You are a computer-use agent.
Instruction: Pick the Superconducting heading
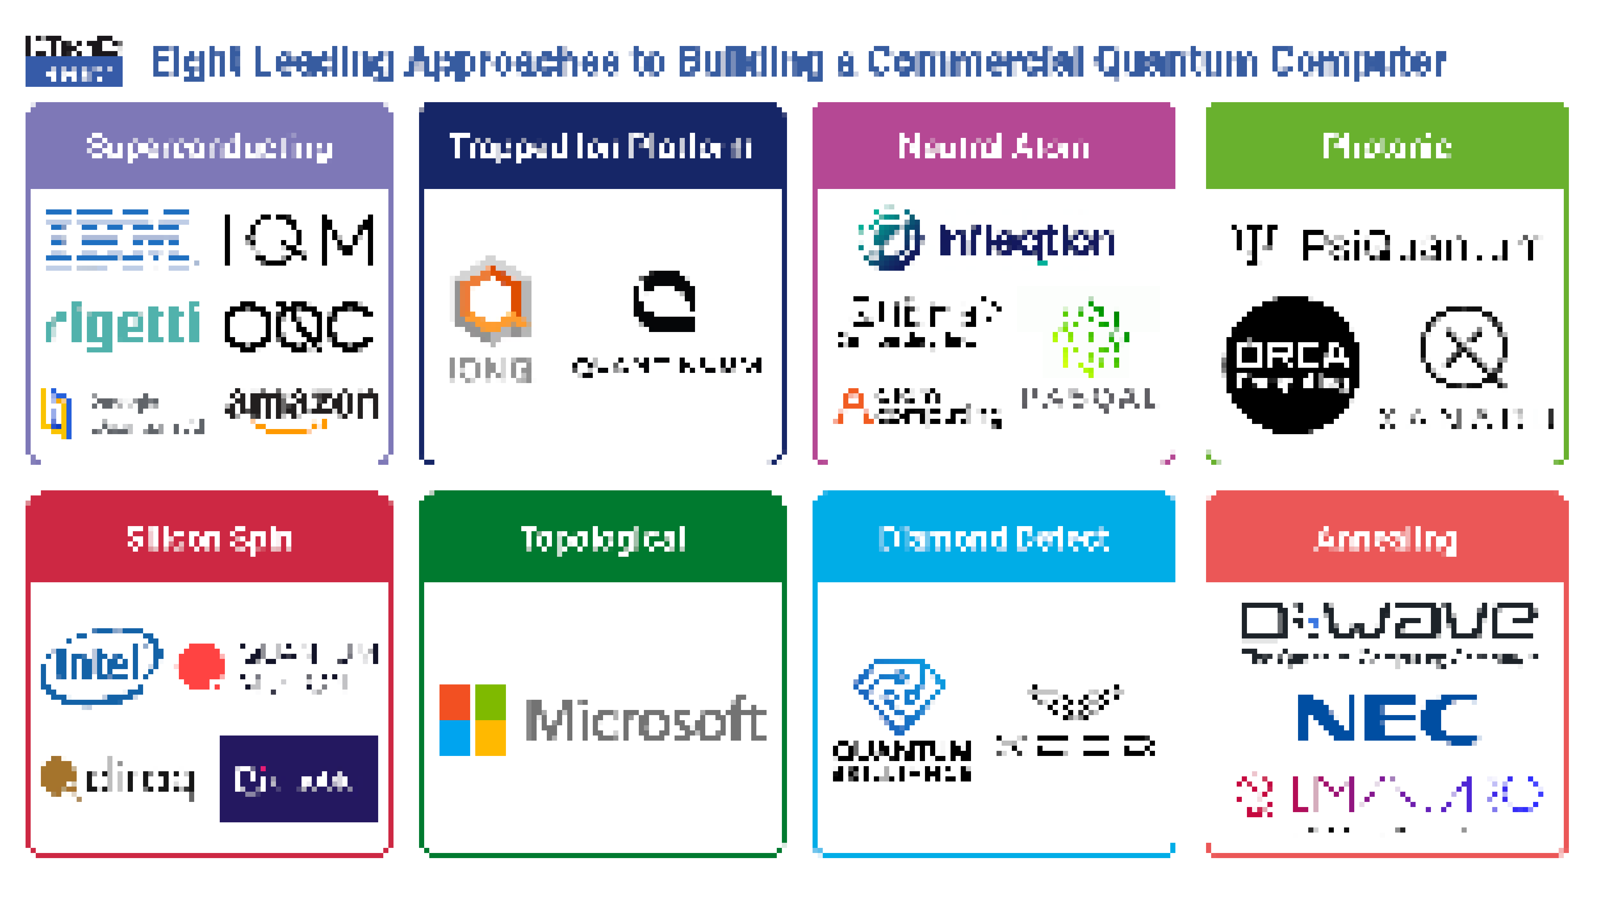210,147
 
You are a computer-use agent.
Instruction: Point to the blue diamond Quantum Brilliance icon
899,695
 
